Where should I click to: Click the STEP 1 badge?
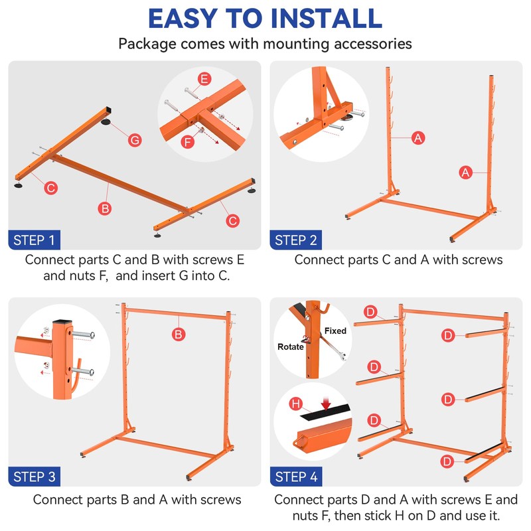[x=35, y=240]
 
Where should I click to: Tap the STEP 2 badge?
[x=295, y=240]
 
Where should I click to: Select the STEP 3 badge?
[x=35, y=477]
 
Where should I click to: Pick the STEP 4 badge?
[x=296, y=477]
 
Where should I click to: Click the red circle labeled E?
[x=204, y=79]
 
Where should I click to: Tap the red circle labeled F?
[x=188, y=142]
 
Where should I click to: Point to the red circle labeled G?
[x=135, y=140]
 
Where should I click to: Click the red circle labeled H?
[x=295, y=404]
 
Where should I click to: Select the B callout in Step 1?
[x=105, y=208]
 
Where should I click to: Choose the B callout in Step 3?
[x=179, y=335]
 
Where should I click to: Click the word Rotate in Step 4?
[x=290, y=346]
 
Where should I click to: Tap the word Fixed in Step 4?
[x=335, y=331]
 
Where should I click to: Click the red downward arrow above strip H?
[x=326, y=404]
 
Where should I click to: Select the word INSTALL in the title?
[x=327, y=19]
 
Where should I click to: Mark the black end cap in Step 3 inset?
[x=62, y=321]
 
